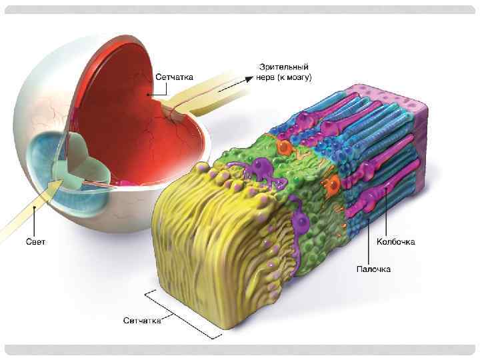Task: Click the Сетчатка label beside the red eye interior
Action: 175,77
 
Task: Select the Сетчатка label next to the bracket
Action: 142,321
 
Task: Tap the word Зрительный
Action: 283,67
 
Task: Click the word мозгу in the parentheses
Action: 297,77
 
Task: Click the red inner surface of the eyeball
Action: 133,127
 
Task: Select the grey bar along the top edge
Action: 240,10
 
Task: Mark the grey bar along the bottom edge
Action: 240,349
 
